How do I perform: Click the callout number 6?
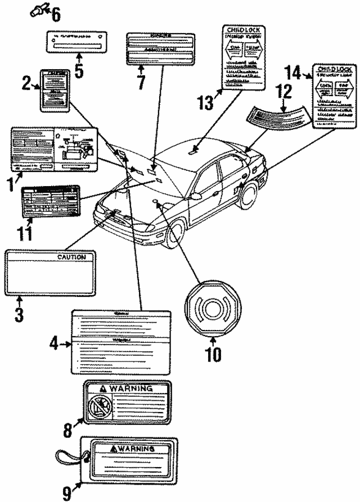pyautogui.click(x=56, y=13)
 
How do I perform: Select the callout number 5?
pyautogui.click(x=79, y=70)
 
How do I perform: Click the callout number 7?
pyautogui.click(x=140, y=82)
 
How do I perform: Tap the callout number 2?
pyautogui.click(x=27, y=84)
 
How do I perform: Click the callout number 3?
pyautogui.click(x=19, y=314)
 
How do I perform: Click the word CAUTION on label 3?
pyautogui.click(x=71, y=257)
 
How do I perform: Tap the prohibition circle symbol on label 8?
pyautogui.click(x=101, y=406)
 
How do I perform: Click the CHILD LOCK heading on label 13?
pyautogui.click(x=241, y=27)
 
